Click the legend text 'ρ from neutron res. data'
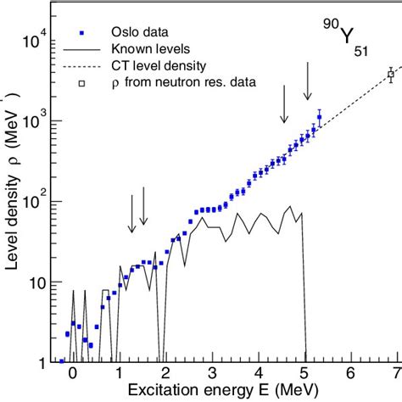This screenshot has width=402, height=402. [188, 83]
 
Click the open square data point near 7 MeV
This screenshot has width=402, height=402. [391, 75]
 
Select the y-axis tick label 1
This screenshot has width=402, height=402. [49, 363]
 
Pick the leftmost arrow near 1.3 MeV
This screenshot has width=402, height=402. [131, 214]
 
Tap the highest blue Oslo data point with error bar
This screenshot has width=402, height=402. [320, 116]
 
